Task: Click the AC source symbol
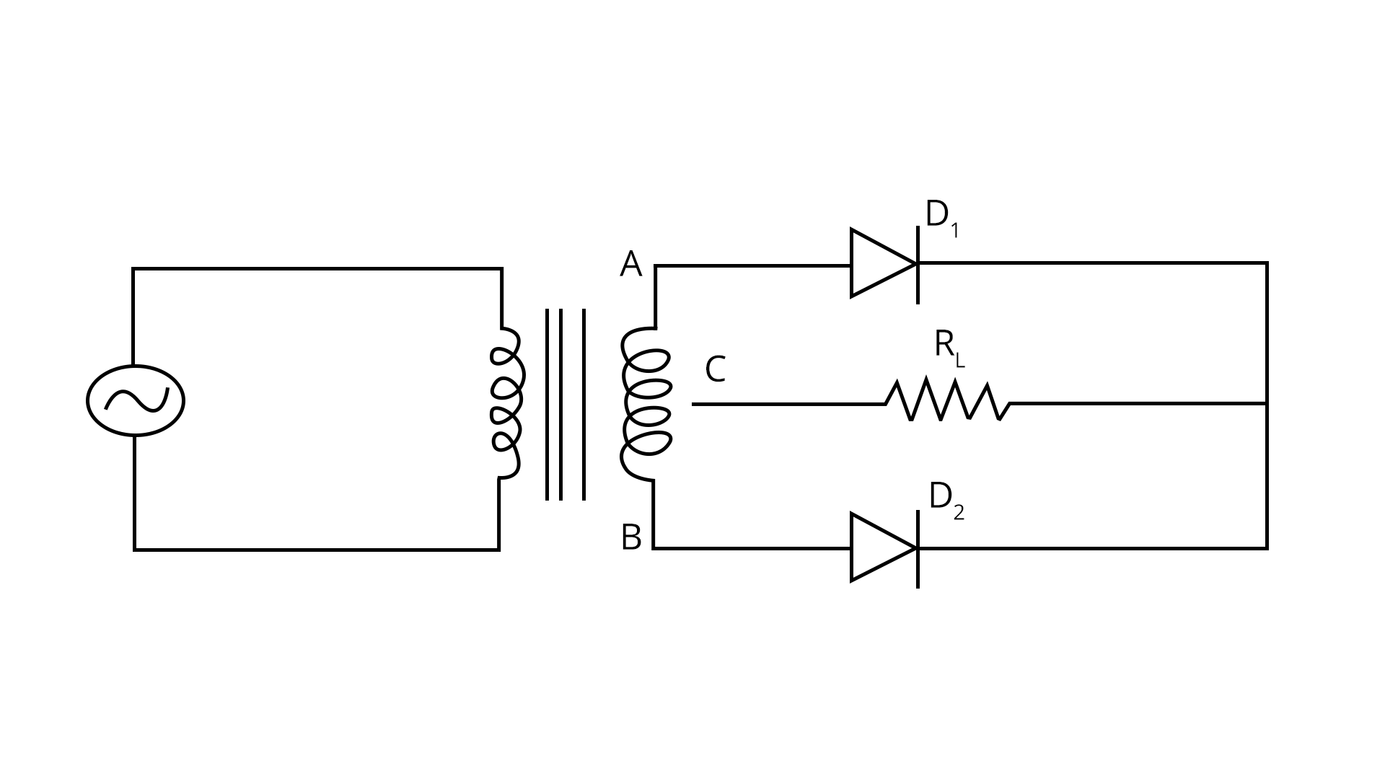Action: pyautogui.click(x=136, y=400)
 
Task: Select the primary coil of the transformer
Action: pyautogui.click(x=506, y=404)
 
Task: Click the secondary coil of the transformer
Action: pyautogui.click(x=646, y=404)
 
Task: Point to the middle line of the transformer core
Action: pyautogui.click(x=560, y=404)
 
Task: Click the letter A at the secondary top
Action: pyautogui.click(x=630, y=265)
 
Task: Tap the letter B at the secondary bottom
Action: pyautogui.click(x=631, y=538)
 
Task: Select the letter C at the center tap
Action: pyautogui.click(x=715, y=369)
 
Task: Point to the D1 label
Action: pyautogui.click(x=941, y=217)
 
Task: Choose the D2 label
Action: pyautogui.click(x=946, y=498)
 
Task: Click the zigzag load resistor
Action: pyautogui.click(x=947, y=402)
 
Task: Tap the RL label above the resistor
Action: pyautogui.click(x=948, y=346)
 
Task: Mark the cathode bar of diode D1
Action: pyautogui.click(x=918, y=265)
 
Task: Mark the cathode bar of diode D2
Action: pyautogui.click(x=918, y=549)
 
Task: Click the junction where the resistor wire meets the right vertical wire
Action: pyautogui.click(x=1267, y=403)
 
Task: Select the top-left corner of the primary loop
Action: pyautogui.click(x=133, y=270)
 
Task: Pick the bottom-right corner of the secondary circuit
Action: pyautogui.click(x=1267, y=548)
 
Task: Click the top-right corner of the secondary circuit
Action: pyautogui.click(x=1267, y=263)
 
